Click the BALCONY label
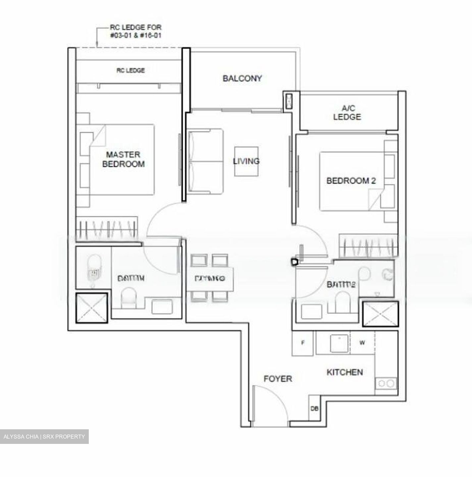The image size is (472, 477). tap(242, 79)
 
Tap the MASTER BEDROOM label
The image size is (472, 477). tap(123, 159)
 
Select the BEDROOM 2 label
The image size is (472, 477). tap(351, 181)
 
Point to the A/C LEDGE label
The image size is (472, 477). tap(347, 112)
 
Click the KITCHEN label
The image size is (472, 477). tap(344, 372)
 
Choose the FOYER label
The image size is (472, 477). tap(278, 379)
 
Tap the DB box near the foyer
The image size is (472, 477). tap(314, 409)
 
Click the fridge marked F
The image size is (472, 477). tap(302, 343)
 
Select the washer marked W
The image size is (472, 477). tap(362, 343)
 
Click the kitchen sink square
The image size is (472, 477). tap(339, 343)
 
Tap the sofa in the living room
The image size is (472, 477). tap(205, 161)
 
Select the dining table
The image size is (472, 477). tap(210, 278)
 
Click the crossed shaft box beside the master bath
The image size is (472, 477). tap(92, 308)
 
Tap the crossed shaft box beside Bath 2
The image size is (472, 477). tap(380, 314)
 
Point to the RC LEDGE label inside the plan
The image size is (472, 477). tap(131, 70)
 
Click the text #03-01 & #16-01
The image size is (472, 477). tap(136, 35)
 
